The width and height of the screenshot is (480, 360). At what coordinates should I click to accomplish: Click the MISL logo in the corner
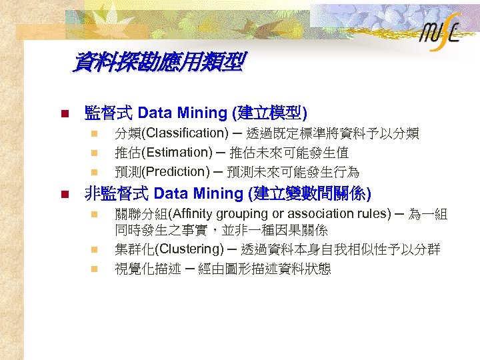tap(440, 35)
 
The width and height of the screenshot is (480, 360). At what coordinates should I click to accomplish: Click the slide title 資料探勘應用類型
tap(159, 64)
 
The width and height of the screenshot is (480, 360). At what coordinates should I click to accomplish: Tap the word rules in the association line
tap(374, 214)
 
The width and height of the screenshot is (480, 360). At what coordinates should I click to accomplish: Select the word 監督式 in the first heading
tap(109, 113)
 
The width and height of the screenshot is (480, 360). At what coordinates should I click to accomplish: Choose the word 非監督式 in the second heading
tap(116, 194)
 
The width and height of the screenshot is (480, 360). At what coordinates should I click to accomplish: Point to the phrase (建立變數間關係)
tap(309, 194)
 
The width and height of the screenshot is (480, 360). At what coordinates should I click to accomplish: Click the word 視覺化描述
tap(147, 269)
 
